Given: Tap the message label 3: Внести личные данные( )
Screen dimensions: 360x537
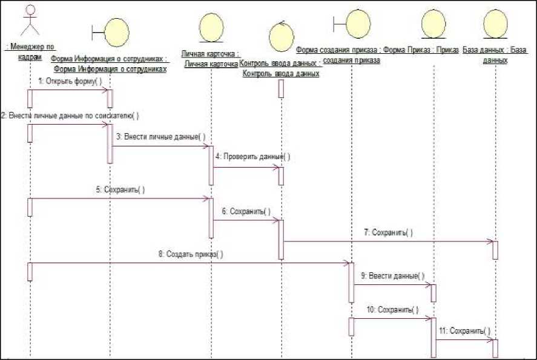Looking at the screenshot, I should coord(160,137).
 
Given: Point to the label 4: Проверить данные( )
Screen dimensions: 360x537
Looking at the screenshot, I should coord(257,156).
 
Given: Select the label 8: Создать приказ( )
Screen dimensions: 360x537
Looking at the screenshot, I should coord(191,254).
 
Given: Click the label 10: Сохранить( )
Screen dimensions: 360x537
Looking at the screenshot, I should coord(392,310).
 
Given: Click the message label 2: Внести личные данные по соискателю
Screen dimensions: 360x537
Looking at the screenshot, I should coord(70,116).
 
